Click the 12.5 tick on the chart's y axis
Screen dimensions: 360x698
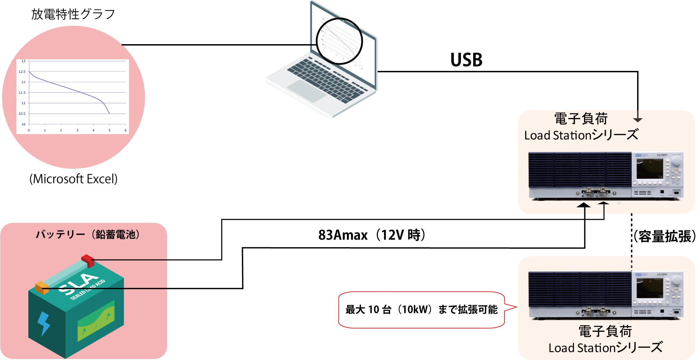pos(22,72)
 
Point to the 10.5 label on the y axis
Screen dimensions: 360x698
pos(22,114)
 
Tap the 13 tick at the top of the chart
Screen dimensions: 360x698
pos(24,61)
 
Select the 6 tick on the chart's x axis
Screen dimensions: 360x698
pos(126,131)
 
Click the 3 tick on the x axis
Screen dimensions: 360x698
pos(77,131)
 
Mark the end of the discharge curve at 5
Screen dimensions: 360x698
pos(110,113)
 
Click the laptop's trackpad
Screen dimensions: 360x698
pos(306,91)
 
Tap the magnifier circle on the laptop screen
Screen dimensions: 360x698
pos(339,41)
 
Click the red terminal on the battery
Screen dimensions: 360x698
pos(88,260)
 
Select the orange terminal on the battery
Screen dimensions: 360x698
pos(42,287)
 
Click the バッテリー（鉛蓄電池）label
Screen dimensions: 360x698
pos(88,234)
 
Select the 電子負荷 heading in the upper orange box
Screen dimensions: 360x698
pos(581,119)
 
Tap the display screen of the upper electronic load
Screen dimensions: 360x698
pos(649,169)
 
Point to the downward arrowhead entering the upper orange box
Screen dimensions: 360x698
pos(638,120)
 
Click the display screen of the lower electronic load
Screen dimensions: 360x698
pos(649,288)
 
